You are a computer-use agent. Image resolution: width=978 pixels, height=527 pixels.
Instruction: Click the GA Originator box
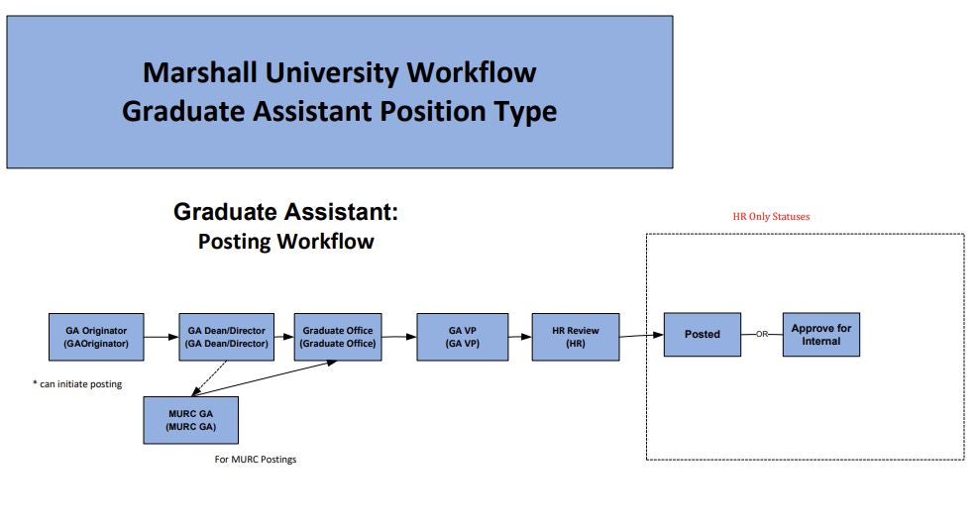[96, 337]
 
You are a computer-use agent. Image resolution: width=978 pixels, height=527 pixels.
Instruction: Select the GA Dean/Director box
[226, 337]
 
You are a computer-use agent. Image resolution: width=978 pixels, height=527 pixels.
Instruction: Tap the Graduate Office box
[338, 337]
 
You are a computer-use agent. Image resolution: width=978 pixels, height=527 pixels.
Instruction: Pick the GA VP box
[463, 337]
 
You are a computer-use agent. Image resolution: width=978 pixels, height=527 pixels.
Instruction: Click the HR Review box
[576, 337]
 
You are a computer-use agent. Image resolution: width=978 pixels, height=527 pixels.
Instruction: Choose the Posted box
[703, 334]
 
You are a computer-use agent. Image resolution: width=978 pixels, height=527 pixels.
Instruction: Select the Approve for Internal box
[821, 334]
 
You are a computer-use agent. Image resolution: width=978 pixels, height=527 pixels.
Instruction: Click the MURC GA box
[191, 420]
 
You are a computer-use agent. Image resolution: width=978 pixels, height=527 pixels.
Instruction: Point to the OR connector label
[762, 334]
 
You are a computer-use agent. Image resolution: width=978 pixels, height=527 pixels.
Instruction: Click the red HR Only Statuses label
[771, 216]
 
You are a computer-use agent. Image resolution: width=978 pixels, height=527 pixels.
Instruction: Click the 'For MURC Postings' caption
[256, 459]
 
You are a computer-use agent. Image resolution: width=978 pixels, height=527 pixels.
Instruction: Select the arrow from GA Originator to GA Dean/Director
[162, 338]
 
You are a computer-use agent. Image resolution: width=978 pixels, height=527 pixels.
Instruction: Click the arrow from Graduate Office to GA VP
[399, 337]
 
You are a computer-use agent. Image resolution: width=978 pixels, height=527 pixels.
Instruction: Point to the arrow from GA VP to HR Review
[520, 337]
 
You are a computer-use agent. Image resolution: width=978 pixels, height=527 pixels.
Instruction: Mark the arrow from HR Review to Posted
[641, 336]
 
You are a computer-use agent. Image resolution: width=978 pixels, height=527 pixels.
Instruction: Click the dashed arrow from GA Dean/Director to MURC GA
[209, 378]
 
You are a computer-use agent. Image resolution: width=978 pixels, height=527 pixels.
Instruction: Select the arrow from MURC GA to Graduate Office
[265, 378]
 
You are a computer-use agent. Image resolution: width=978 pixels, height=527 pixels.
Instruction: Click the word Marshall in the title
[200, 72]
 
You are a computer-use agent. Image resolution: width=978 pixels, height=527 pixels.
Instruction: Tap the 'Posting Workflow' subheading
[286, 242]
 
